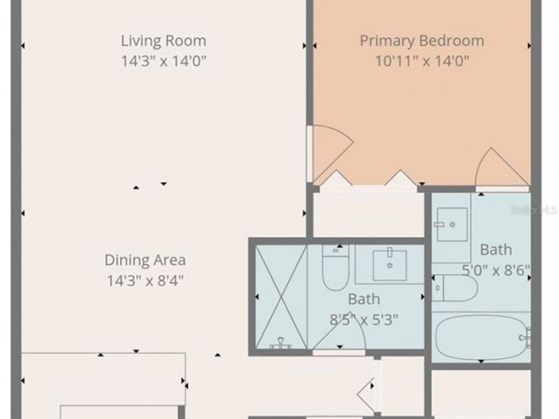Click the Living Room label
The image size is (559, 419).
[163, 41]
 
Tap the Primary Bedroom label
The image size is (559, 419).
[422, 41]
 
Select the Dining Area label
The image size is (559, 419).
[145, 259]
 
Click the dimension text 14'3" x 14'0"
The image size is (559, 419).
[163, 61]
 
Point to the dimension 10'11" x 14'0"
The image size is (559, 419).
[422, 61]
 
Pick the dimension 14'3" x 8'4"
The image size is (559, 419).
[145, 279]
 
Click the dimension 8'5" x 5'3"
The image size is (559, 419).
[363, 320]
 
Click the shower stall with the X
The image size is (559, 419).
[281, 297]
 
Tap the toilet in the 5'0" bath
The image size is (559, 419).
[454, 288]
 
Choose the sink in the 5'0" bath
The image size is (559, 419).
[452, 224]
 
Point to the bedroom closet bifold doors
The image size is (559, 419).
[366, 179]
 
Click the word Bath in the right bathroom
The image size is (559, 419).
[496, 250]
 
